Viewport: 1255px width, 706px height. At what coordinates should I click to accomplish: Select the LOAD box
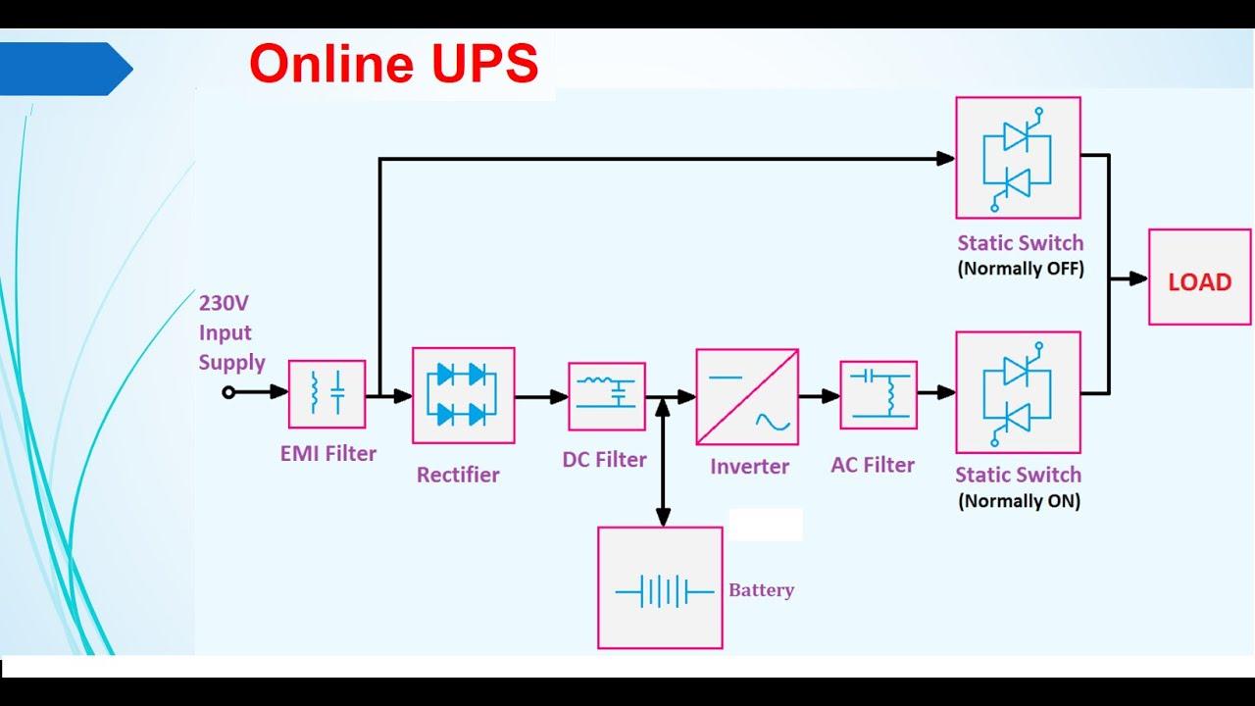pos(1199,277)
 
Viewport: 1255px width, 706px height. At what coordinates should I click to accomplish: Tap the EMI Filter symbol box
pos(326,394)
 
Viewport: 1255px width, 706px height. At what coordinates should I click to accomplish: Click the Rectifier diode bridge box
pos(463,395)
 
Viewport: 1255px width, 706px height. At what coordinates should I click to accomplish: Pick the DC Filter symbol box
pos(606,396)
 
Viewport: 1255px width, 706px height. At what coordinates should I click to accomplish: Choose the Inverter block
pos(747,397)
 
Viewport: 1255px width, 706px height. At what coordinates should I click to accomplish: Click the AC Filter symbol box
pos(878,395)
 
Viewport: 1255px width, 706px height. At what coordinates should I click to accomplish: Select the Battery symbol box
pos(660,588)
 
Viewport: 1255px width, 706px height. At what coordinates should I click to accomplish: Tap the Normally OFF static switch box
pos(1018,158)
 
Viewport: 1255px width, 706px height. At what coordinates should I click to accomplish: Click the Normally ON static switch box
pos(1018,392)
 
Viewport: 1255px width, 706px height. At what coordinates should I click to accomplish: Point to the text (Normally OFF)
pos(1020,269)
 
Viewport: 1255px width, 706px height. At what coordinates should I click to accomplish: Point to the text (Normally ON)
pos(1018,501)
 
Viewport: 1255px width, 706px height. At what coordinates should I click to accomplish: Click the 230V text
pos(226,303)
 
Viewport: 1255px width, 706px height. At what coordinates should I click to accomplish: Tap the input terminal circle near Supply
pos(228,392)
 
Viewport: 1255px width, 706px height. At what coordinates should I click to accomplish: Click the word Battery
pos(761,590)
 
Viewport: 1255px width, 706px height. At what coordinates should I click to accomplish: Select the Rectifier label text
pos(458,475)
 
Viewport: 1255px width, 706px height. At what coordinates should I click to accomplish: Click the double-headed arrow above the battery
pos(663,461)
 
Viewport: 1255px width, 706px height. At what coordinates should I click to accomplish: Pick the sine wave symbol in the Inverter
pos(772,422)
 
